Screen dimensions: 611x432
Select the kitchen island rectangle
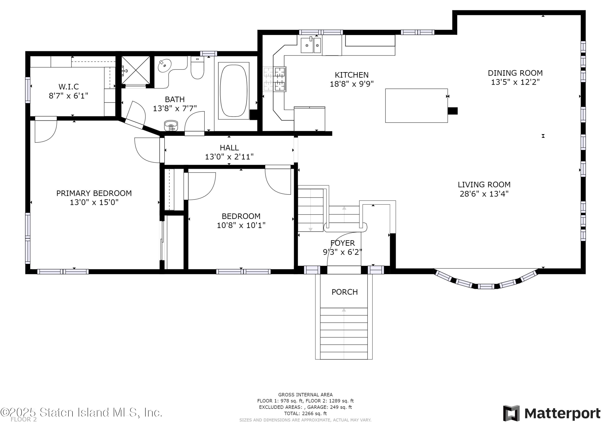click(416, 106)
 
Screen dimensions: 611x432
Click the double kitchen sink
click(311, 45)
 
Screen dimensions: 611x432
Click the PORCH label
click(345, 292)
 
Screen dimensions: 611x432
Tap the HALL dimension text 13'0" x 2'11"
click(229, 157)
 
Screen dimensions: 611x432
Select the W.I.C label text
click(69, 87)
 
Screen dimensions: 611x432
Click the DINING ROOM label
click(515, 73)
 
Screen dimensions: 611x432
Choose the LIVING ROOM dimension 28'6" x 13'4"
click(484, 194)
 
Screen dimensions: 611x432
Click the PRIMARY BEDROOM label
click(94, 193)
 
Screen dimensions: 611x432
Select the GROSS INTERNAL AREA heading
click(305, 395)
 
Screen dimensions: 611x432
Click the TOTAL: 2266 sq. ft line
click(305, 413)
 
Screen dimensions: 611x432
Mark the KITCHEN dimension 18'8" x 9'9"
click(352, 84)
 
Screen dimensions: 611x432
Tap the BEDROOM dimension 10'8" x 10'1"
click(241, 225)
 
